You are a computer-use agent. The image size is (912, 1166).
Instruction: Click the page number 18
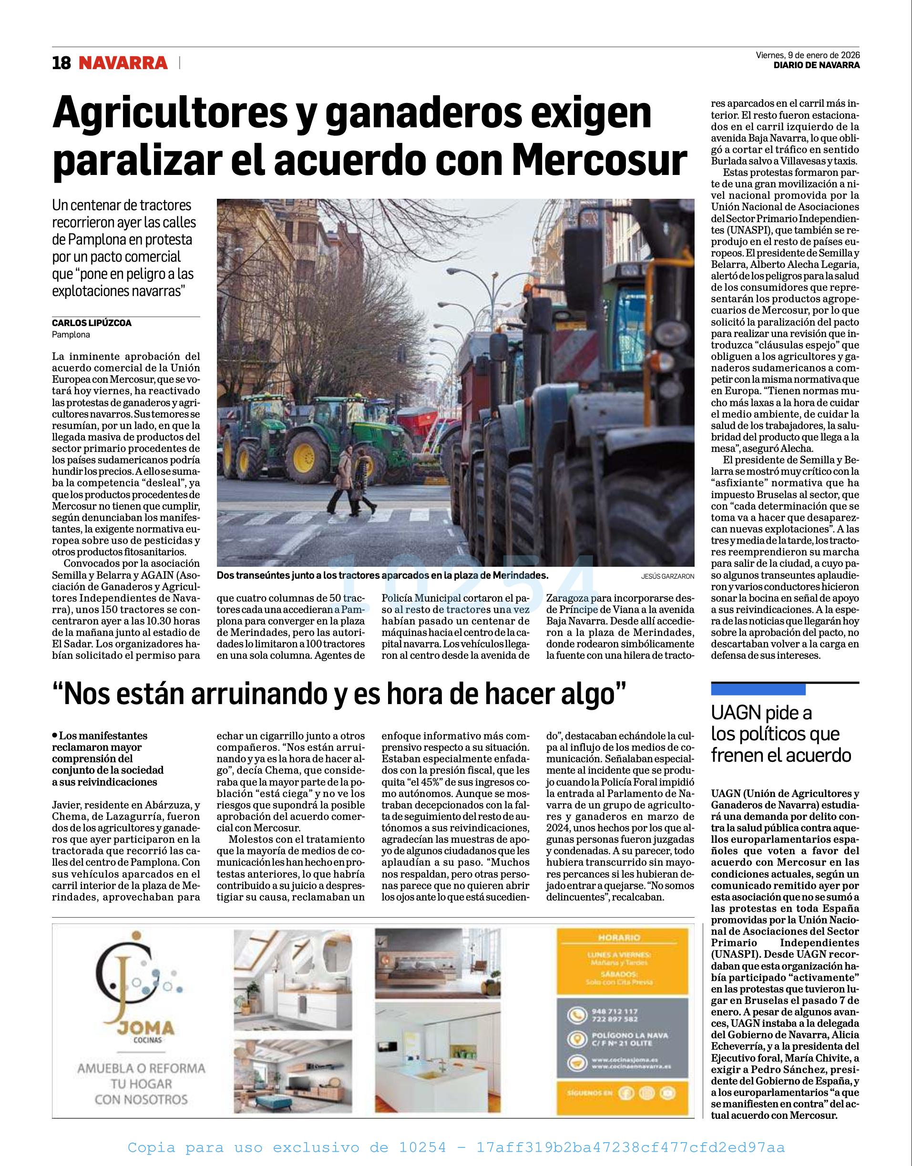tap(61, 63)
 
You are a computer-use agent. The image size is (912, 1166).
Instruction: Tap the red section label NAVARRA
tap(123, 63)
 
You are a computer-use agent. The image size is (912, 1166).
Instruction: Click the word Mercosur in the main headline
tap(599, 160)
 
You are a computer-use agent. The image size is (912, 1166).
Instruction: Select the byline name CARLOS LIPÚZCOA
tap(92, 323)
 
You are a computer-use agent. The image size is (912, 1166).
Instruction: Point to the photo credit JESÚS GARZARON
tap(667, 576)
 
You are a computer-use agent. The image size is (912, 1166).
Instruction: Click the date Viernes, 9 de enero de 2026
tap(807, 55)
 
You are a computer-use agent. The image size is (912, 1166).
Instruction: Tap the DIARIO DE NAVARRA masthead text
tap(817, 65)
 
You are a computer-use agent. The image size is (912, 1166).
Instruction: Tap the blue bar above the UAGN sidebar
tap(758, 689)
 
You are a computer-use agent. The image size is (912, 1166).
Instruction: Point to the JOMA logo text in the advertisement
tap(146, 1028)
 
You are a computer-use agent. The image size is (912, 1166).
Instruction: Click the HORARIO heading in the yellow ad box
tap(619, 938)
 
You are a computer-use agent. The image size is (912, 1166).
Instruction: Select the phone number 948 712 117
tap(615, 1011)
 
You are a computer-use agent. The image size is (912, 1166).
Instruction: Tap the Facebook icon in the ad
tap(626, 1094)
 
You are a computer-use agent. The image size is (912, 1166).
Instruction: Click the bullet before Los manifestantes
tap(54, 735)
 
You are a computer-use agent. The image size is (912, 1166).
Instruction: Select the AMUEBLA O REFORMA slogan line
tap(141, 1068)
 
